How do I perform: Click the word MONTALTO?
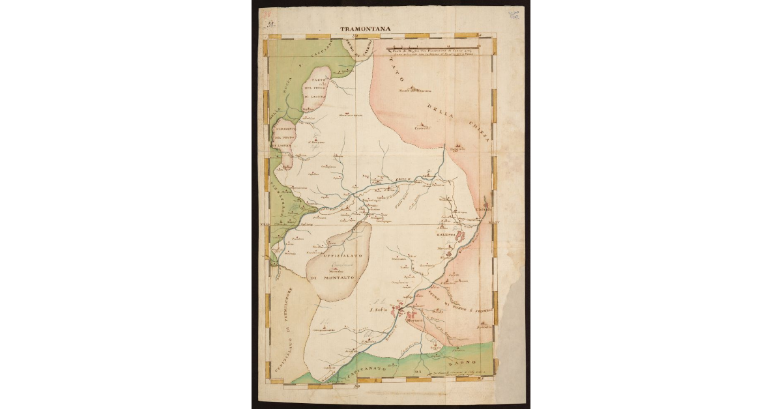(344, 278)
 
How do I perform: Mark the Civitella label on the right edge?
(484, 209)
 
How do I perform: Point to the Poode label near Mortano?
(437, 313)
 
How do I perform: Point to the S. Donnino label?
(317, 141)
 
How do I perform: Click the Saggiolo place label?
(457, 150)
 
